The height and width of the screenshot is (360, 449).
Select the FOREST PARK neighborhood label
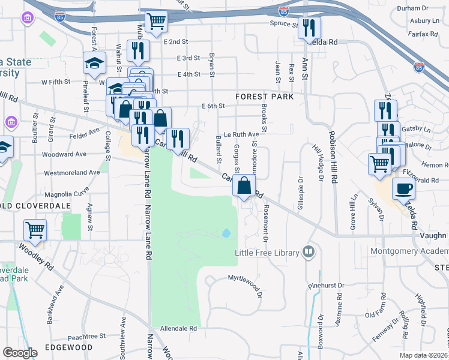(x=265, y=96)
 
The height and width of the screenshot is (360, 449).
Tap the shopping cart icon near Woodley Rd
(x=35, y=230)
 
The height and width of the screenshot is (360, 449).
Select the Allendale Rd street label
(x=178, y=329)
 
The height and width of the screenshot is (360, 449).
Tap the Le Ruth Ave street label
(x=241, y=134)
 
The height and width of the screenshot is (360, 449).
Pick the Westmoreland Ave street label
(x=71, y=172)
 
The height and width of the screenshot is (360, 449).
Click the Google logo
(x=20, y=353)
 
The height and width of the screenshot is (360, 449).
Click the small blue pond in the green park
(x=226, y=233)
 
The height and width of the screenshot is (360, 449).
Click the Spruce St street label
(x=287, y=25)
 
